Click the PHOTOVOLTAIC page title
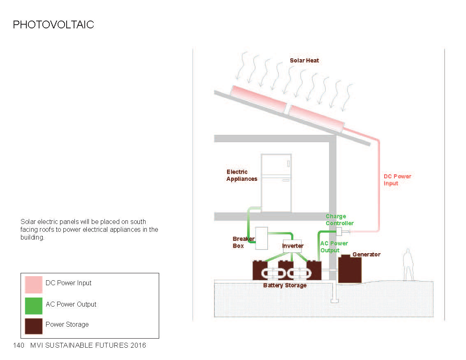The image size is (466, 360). [53, 25]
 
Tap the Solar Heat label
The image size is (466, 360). [304, 60]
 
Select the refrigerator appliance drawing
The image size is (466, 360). [276, 183]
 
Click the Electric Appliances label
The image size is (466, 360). [241, 175]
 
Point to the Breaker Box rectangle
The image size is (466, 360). [262, 238]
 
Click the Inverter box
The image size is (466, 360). [292, 246]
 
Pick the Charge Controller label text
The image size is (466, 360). [339, 220]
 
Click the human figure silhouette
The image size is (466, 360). [408, 265]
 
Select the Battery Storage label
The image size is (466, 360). [285, 285]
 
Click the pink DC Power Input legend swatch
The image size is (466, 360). [33, 284]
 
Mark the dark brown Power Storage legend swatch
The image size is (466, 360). [33, 325]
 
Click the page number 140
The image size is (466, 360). [19, 345]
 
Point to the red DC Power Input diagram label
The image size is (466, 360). [397, 180]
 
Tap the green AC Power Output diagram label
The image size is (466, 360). [334, 247]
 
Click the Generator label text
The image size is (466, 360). [366, 254]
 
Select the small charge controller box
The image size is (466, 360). [339, 231]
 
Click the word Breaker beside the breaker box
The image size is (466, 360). [243, 239]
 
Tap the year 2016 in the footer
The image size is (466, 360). [138, 345]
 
